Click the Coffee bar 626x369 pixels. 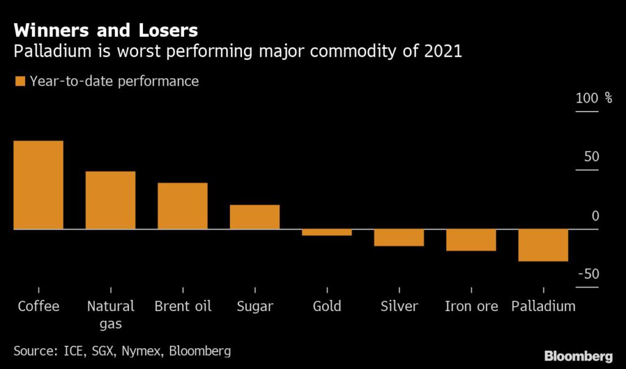click(x=39, y=185)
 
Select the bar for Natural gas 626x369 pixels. click(x=110, y=200)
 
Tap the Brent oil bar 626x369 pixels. click(x=182, y=206)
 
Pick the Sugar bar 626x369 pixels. click(x=254, y=217)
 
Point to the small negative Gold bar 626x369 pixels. click(x=326, y=232)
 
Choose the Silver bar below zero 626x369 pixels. click(x=399, y=238)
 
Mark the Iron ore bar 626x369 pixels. click(x=471, y=240)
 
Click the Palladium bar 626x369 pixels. click(x=543, y=245)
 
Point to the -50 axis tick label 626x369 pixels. click(x=588, y=274)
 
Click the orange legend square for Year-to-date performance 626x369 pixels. click(x=20, y=81)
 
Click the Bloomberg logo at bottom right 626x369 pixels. click(x=578, y=356)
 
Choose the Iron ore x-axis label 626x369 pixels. click(x=471, y=306)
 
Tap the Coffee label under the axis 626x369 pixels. click(x=39, y=306)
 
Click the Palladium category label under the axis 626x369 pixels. click(x=543, y=306)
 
